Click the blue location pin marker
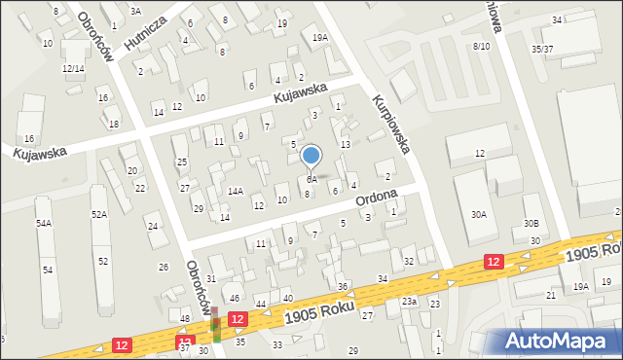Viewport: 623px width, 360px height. [311, 156]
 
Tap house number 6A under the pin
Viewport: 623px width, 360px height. [311, 179]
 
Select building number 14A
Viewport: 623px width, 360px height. [235, 192]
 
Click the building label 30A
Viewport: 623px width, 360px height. [478, 214]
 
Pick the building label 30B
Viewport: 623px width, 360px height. [530, 224]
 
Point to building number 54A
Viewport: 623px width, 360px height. [44, 224]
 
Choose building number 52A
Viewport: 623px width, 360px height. [98, 214]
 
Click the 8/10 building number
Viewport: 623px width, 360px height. [481, 46]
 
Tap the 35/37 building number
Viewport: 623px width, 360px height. [542, 49]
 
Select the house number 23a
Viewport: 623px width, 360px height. [410, 303]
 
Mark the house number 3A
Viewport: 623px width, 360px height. [135, 11]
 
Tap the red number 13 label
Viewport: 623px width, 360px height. [345, 144]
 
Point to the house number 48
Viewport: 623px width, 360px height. [185, 319]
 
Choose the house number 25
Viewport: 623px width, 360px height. [181, 162]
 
